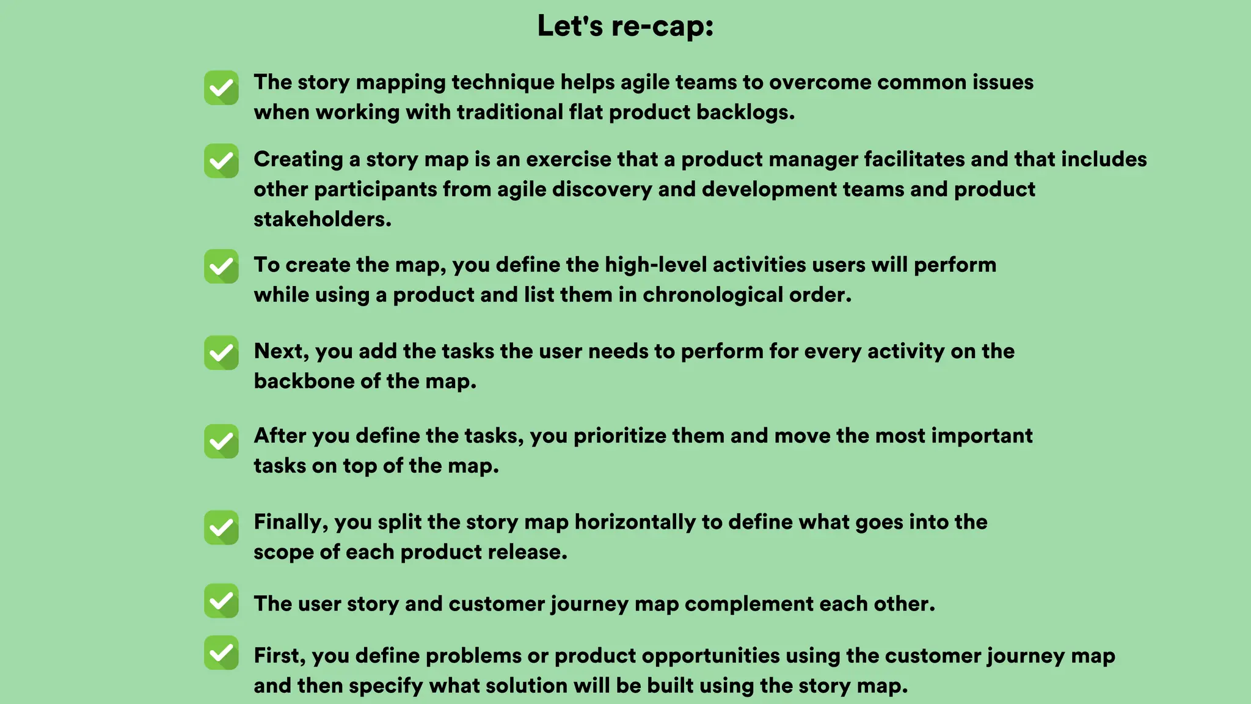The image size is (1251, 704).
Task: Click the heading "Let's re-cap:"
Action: pyautogui.click(x=625, y=26)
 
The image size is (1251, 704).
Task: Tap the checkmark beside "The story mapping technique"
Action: pyautogui.click(x=221, y=88)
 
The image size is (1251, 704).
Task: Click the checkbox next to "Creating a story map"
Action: pyautogui.click(x=221, y=161)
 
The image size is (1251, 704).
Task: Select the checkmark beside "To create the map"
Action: pyautogui.click(x=221, y=266)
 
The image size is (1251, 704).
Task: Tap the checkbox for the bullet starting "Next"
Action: pyautogui.click(x=221, y=353)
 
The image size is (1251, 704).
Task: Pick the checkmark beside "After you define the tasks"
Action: pyautogui.click(x=221, y=441)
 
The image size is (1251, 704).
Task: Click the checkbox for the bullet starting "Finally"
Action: pyautogui.click(x=221, y=527)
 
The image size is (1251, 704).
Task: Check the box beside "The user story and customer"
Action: pyautogui.click(x=221, y=601)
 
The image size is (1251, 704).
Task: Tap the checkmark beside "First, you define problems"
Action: pyautogui.click(x=221, y=653)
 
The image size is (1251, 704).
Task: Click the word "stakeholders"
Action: pyautogui.click(x=322, y=219)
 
